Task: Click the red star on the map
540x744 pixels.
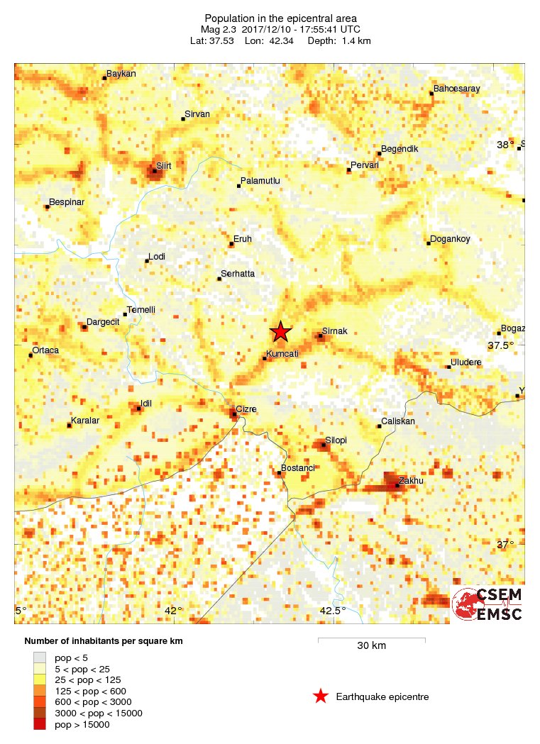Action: tap(281, 331)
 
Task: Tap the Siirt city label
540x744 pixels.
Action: tap(164, 165)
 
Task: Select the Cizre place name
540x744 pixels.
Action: tap(246, 409)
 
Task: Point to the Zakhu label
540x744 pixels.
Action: tap(410, 480)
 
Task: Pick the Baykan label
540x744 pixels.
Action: tap(121, 74)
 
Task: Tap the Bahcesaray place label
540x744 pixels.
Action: tap(456, 89)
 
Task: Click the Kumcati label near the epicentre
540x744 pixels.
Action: tap(282, 353)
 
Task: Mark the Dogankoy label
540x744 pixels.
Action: tap(450, 239)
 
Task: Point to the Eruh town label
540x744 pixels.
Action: tap(242, 239)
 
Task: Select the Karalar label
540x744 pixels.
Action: tap(84, 421)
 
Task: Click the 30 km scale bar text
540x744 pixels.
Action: tap(371, 645)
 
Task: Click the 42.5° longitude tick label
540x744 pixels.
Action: tap(332, 611)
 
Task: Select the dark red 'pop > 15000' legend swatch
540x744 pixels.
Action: tap(40, 724)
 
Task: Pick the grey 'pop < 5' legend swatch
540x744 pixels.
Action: tap(40, 657)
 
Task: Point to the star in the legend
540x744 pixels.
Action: tap(321, 696)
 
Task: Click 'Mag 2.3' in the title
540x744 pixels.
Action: tap(220, 29)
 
